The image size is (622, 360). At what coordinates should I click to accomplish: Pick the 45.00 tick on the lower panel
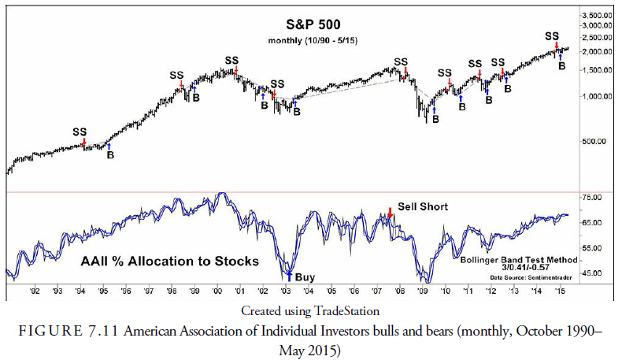tap(593, 273)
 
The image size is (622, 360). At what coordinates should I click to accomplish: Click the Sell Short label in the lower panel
tap(422, 207)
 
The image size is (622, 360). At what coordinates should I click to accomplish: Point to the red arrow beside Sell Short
tap(390, 213)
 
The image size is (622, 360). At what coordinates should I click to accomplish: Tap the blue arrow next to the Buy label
tap(289, 275)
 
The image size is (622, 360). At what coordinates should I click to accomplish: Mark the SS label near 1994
tap(80, 132)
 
